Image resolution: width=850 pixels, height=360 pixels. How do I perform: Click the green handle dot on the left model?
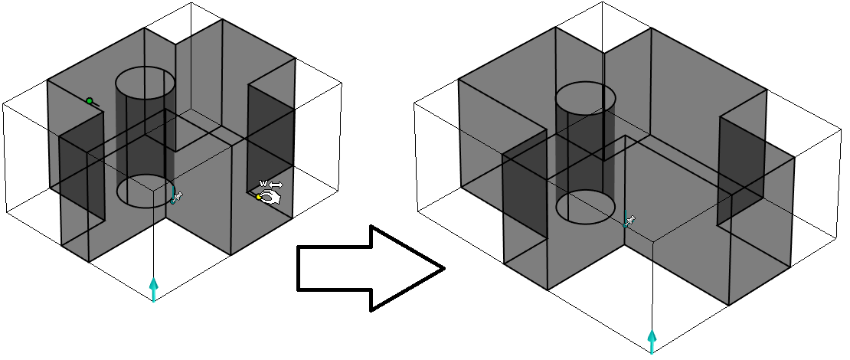[x=90, y=101]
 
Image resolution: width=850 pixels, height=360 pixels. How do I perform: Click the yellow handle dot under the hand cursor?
[x=260, y=197]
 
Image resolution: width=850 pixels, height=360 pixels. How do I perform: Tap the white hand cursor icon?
[x=270, y=197]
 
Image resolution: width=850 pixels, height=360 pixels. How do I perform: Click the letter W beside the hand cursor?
[x=263, y=184]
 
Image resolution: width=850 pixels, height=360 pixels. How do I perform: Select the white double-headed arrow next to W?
[x=276, y=185]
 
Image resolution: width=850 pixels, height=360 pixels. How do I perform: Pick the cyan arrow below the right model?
[x=652, y=340]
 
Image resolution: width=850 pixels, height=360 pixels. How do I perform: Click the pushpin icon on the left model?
[x=177, y=197]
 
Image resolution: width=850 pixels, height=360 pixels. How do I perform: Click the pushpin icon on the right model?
[x=629, y=221]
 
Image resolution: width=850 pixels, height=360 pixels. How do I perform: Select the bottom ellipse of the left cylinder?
[x=145, y=191]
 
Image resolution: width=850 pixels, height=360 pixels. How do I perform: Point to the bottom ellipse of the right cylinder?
[x=586, y=208]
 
